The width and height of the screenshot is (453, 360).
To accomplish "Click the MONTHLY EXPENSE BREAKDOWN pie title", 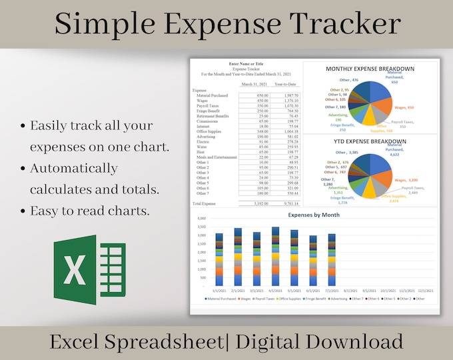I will [x=369, y=69].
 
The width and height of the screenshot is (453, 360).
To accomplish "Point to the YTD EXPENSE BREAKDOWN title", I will [x=369, y=142].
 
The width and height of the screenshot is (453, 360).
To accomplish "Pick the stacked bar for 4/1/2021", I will [x=276, y=257].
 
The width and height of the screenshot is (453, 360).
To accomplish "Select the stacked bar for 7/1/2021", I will [x=332, y=260].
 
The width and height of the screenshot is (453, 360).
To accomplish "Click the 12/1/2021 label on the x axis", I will [x=425, y=291].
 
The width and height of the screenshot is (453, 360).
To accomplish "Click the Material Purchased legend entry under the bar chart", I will [x=222, y=299].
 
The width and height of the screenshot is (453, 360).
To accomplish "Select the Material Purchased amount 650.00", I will [x=262, y=95].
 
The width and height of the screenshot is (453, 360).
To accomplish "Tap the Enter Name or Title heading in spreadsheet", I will [x=246, y=63].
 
